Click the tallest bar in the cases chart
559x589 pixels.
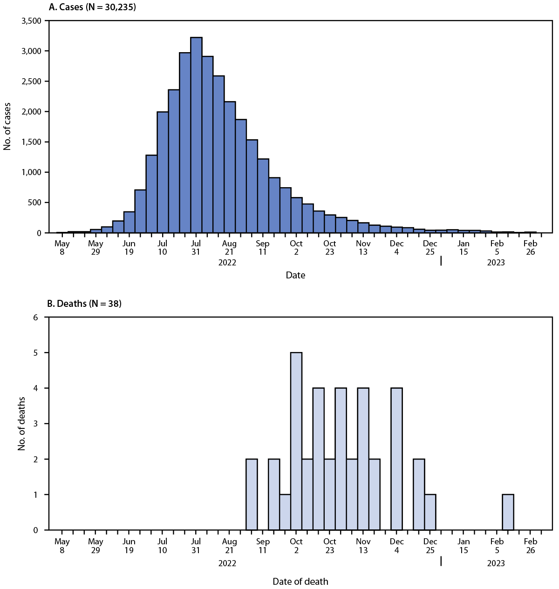pos(196,135)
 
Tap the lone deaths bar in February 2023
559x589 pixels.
pos(508,512)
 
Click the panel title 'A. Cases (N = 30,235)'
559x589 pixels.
pos(92,7)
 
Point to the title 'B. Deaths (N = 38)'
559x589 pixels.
pos(84,304)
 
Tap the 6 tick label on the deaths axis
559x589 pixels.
pos(35,318)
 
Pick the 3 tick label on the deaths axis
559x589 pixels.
pos(35,424)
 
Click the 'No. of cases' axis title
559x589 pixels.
pos(7,127)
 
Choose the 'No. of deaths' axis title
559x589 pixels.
pos(21,424)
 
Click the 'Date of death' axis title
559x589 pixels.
pos(300,582)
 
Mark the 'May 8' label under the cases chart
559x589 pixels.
pos(62,247)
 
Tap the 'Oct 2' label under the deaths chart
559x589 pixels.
pos(296,546)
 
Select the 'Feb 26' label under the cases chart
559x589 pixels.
pos(530,247)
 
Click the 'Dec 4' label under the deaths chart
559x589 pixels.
pos(396,546)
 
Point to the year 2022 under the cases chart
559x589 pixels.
pos(227,263)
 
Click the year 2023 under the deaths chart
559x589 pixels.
pos(496,563)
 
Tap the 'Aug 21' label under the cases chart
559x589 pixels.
pos(229,247)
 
